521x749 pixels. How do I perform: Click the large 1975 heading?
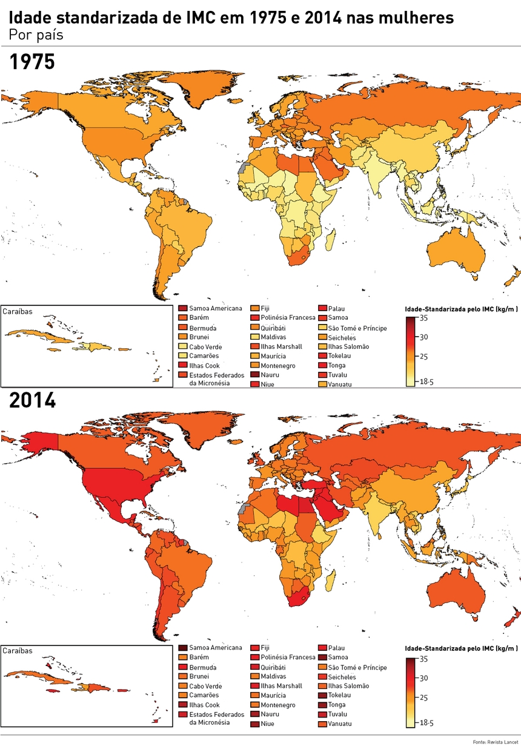32,62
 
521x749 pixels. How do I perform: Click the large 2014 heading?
32,400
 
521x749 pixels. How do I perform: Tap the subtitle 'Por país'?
36,35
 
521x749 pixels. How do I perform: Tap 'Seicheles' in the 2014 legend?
342,676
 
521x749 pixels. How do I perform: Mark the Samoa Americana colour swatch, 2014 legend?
183,648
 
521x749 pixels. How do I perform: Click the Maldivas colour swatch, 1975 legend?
255,337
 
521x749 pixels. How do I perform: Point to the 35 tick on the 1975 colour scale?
423,317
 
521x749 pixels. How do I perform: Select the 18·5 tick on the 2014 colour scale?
426,722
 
